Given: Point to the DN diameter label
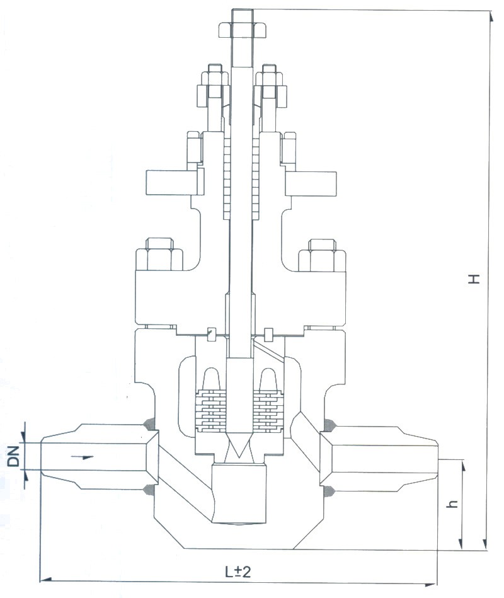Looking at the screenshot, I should click(x=13, y=455).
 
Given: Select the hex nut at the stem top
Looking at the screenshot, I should click(x=243, y=29).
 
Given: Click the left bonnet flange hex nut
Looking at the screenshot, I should click(x=159, y=253).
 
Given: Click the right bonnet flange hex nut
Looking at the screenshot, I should click(x=322, y=253).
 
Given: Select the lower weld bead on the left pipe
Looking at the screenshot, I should click(x=151, y=490).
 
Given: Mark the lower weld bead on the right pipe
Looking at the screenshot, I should click(x=329, y=490).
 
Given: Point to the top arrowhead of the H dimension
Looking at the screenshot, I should click(x=489, y=14).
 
